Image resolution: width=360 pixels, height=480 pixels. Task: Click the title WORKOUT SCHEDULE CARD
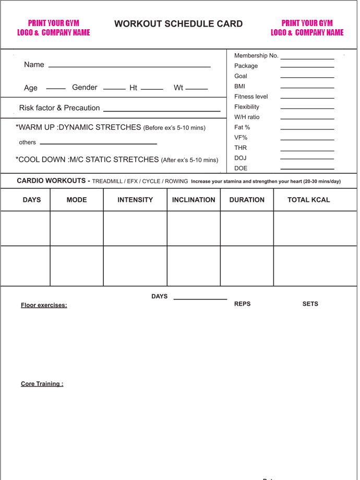point(178,24)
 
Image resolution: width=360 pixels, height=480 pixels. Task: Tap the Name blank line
point(129,67)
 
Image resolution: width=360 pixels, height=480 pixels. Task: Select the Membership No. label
point(256,56)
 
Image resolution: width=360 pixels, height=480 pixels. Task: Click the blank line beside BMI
point(307,88)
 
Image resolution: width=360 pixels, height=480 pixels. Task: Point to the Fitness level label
point(251,97)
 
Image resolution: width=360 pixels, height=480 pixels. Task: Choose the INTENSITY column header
point(135,200)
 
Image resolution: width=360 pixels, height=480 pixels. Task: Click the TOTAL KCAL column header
point(308,200)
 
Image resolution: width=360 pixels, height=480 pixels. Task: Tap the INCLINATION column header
point(194,200)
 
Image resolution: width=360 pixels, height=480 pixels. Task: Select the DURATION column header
point(247,200)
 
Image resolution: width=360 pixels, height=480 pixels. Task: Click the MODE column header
point(77,200)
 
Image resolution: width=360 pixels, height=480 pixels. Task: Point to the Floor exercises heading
point(44,305)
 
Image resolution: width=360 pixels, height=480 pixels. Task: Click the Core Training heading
point(42,384)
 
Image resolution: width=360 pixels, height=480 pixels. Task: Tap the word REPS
point(242,304)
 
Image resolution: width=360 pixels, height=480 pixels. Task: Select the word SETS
point(310,304)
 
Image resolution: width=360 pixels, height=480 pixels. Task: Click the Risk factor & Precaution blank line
point(162,111)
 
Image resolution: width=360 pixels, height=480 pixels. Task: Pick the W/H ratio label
point(247,117)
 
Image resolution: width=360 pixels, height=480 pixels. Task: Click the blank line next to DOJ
point(307,159)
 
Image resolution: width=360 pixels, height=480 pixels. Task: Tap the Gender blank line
point(114,89)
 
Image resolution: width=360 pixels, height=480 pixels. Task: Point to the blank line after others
point(98,143)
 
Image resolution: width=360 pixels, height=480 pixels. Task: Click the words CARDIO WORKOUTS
point(51,181)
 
